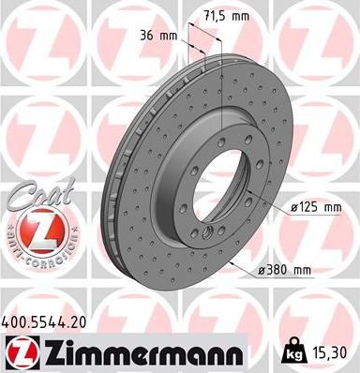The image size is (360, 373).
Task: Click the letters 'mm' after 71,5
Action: pos(244,17)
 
